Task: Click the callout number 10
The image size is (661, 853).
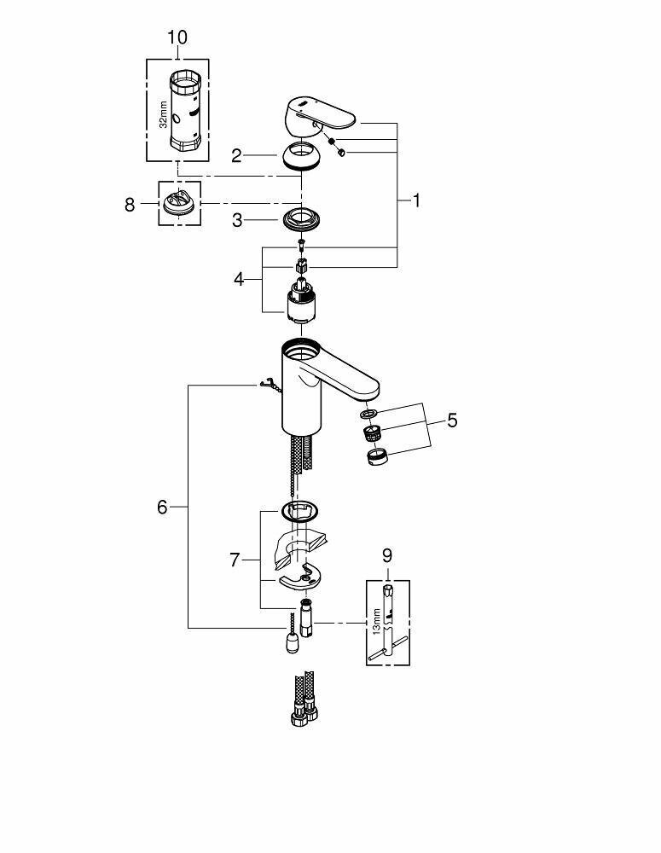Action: point(177,38)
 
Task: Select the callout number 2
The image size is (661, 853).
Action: point(236,155)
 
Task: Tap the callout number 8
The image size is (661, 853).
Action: point(130,205)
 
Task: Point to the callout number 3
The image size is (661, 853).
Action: point(238,221)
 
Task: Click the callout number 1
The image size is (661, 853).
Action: point(417,201)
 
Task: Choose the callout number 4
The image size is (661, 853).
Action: point(240,279)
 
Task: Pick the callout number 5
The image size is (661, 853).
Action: point(452,420)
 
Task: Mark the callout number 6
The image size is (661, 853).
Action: point(162,507)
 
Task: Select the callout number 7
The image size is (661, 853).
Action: point(235,560)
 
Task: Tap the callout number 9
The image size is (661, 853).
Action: point(386,555)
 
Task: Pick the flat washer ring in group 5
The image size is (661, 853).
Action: point(368,415)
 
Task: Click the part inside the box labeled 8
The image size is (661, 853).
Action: point(179,205)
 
